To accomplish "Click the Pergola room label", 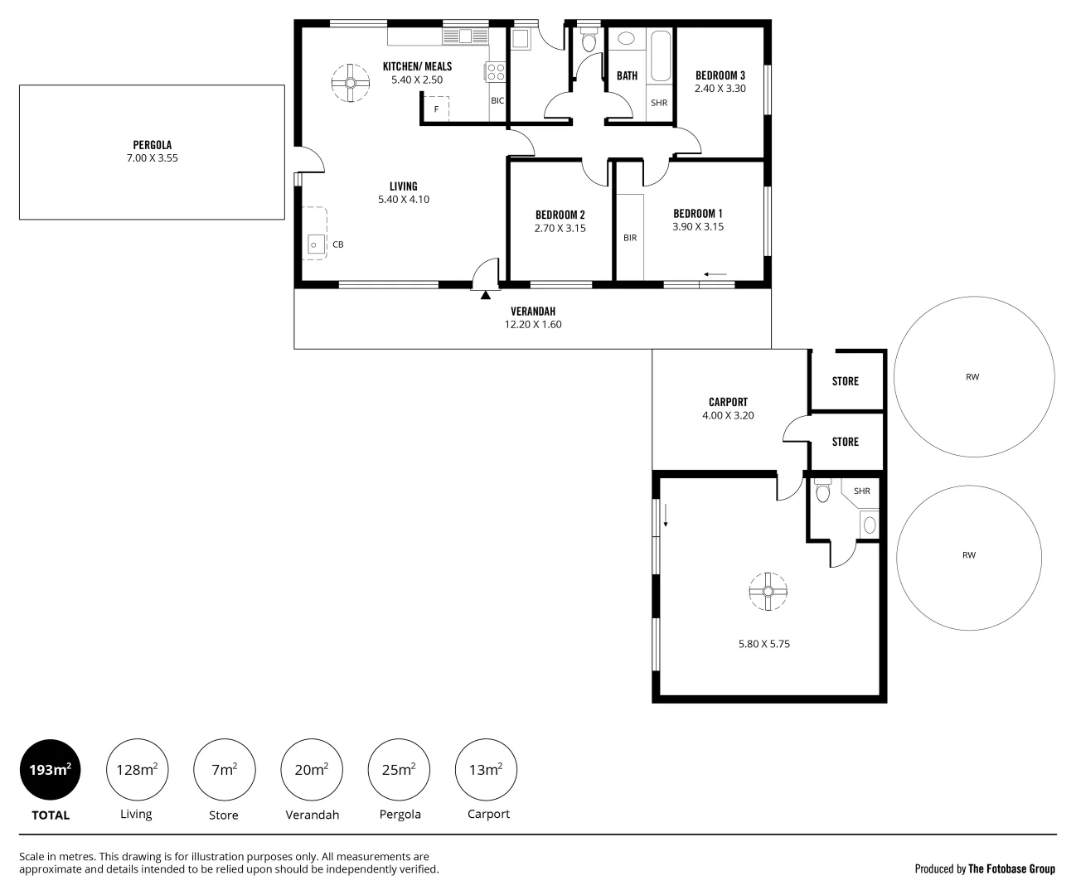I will coord(152,145).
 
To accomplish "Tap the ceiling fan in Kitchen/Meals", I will coord(351,83).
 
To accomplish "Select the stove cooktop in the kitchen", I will coord(496,72).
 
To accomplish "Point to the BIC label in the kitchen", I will coord(497,101).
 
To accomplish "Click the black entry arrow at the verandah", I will coord(486,293).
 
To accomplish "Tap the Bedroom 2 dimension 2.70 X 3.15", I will coord(560,228).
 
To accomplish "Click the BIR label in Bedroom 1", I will coord(630,238).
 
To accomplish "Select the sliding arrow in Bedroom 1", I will coord(715,274).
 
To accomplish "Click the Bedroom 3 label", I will coord(720,75).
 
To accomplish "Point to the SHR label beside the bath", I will coord(659,104).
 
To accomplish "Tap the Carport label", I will coord(728,402).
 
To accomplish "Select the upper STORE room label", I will coord(845,381).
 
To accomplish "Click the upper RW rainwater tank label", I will coord(972,377).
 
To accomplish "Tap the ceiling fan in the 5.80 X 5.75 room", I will coord(768,591).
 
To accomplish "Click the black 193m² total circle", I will coord(51,770).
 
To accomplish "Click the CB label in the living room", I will coord(337,244).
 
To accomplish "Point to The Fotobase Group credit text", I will coord(1011,868).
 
